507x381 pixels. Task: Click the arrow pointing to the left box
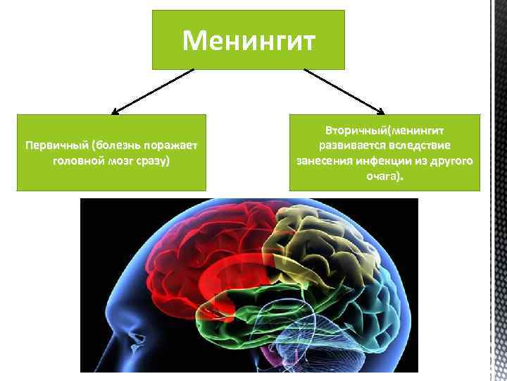(151, 91)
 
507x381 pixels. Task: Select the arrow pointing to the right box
(345, 91)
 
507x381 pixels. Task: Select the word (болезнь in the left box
(113, 146)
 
